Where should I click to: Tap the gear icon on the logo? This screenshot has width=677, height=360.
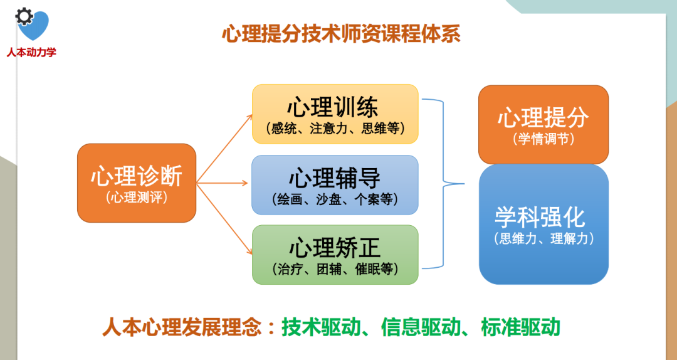coord(24,16)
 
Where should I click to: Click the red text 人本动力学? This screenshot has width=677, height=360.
coord(31,52)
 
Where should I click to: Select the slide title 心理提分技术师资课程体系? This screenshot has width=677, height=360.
coord(341,34)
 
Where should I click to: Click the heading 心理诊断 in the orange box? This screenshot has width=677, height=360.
coord(137,176)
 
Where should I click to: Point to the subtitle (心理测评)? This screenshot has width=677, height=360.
coord(137,198)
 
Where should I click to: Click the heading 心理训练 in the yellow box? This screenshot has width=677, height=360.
coord(333,107)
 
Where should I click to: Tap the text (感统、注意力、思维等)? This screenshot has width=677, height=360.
coord(335,129)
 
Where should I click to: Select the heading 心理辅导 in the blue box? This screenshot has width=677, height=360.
coord(335,178)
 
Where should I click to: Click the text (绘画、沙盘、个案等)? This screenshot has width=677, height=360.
coord(335,199)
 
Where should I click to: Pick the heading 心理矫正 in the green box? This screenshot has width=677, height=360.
coord(335,248)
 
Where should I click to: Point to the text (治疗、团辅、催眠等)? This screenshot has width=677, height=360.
coord(335,269)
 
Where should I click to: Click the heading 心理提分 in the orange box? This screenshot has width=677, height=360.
coord(543,117)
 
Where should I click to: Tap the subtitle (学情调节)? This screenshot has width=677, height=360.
coord(543,139)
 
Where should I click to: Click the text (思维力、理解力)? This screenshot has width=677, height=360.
coord(543,238)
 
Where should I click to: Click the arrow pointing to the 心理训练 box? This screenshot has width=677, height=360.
coord(224,149)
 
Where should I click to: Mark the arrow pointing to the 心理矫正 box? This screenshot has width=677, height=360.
coord(224,219)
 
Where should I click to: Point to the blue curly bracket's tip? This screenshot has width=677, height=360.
coord(464,184)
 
